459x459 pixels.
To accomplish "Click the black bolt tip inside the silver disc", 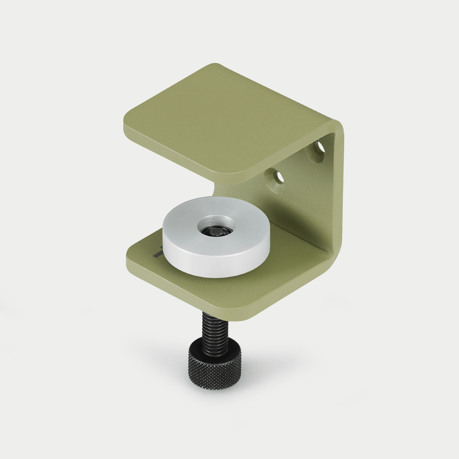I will (x=215, y=233).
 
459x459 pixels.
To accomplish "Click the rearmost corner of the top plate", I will (x=216, y=66).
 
